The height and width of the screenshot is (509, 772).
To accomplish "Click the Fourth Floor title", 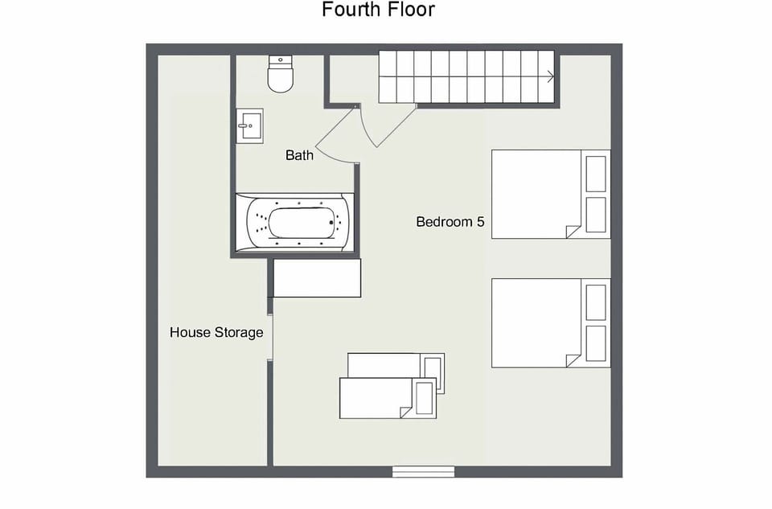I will pyautogui.click(x=378, y=10).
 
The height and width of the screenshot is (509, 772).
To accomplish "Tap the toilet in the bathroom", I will pyautogui.click(x=280, y=75).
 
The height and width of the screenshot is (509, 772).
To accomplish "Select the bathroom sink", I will pyautogui.click(x=249, y=126).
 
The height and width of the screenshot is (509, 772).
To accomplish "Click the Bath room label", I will pyautogui.click(x=299, y=155).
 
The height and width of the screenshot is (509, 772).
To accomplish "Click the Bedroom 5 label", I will pyautogui.click(x=450, y=222).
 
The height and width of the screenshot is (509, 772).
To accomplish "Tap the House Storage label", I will pyautogui.click(x=216, y=332).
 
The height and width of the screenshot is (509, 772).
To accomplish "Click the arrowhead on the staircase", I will pyautogui.click(x=550, y=77).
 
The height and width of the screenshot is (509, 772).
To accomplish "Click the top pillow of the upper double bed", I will pyautogui.click(x=596, y=173).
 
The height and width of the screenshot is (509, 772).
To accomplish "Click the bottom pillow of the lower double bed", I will pyautogui.click(x=596, y=343).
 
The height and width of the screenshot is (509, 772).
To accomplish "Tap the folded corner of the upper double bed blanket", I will pyautogui.click(x=573, y=232).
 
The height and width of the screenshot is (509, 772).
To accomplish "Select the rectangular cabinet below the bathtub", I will pyautogui.click(x=317, y=278).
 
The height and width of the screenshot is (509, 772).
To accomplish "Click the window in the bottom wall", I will pyautogui.click(x=423, y=471).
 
